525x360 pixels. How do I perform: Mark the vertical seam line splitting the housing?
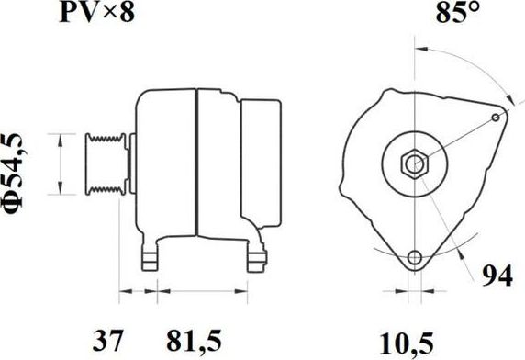pyautogui.click(x=196, y=165)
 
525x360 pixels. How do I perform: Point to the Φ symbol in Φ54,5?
pyautogui.click(x=19, y=212)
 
